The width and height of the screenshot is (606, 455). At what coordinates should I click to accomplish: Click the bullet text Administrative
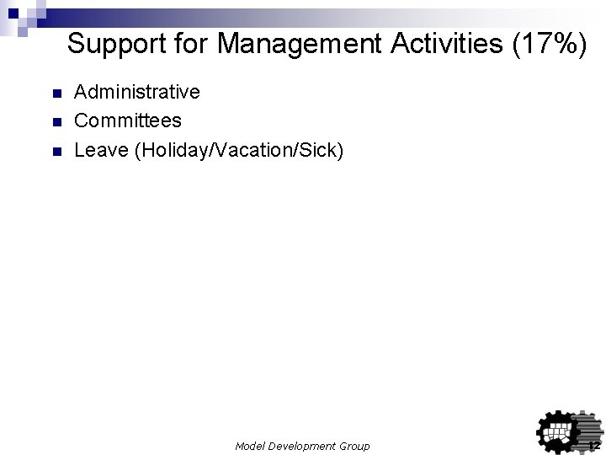(x=137, y=91)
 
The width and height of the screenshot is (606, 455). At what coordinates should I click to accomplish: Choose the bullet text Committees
(x=128, y=121)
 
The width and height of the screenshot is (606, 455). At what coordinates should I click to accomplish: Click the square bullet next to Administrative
(x=56, y=92)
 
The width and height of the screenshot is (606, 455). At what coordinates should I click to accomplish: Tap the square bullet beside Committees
(x=56, y=122)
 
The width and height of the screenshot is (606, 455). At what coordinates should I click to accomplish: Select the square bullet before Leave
(x=56, y=153)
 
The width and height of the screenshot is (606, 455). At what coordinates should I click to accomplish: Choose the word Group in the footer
(x=353, y=446)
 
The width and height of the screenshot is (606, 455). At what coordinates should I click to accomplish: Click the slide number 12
(x=593, y=445)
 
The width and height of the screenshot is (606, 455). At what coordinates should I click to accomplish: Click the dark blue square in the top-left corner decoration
(x=13, y=13)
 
